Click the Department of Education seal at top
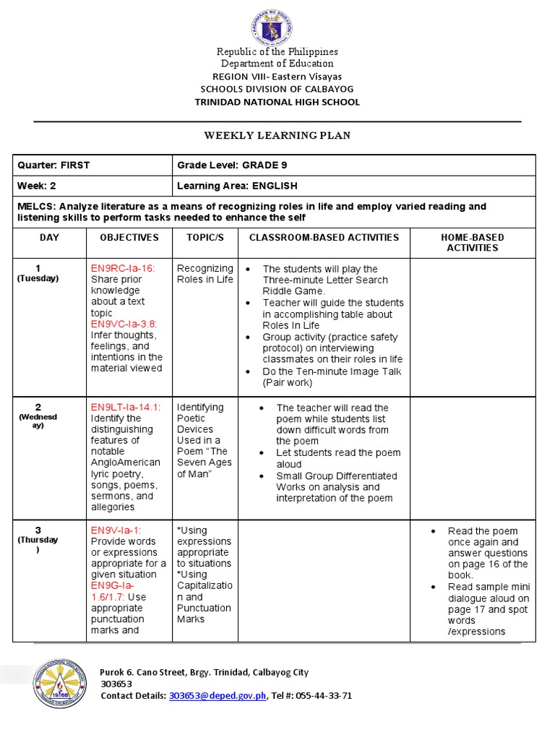click(x=272, y=27)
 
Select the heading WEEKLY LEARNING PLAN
click(x=277, y=135)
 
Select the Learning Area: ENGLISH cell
click(x=237, y=186)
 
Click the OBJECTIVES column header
click(x=129, y=237)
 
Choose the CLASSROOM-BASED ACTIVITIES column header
click(x=324, y=237)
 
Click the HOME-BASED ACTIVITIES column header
click(x=473, y=242)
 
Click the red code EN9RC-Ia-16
click(x=123, y=268)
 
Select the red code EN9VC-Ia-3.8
click(x=124, y=324)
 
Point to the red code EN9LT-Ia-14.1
click(x=126, y=408)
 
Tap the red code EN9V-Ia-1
click(x=116, y=530)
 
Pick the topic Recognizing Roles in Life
click(x=205, y=274)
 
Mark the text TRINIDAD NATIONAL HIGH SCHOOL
click(x=277, y=102)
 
